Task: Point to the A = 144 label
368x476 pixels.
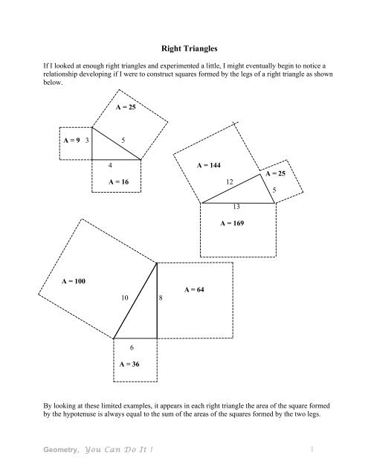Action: pyautogui.click(x=209, y=164)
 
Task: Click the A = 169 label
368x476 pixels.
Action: pyautogui.click(x=235, y=222)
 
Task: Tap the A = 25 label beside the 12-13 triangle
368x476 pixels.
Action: pyautogui.click(x=275, y=173)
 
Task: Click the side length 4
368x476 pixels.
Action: pyautogui.click(x=111, y=164)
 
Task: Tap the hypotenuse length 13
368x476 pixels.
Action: pyautogui.click(x=236, y=206)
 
